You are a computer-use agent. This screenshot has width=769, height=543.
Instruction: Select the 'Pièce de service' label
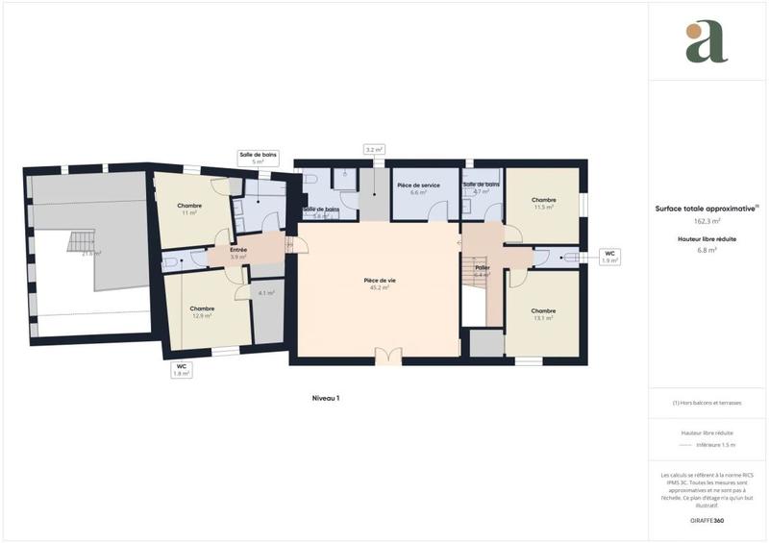418,185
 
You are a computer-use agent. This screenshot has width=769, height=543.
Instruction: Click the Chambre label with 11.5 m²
544,200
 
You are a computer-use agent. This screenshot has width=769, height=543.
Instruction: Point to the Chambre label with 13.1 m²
543,310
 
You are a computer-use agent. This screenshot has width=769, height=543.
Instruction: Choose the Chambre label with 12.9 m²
201,309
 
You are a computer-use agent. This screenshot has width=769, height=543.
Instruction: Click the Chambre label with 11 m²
188,206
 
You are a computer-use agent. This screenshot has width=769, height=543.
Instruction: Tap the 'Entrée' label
238,250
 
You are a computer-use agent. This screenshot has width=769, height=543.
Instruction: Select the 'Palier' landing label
483,267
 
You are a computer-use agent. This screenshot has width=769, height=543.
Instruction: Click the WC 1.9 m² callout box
608,257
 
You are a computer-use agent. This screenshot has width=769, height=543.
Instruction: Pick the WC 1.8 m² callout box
181,370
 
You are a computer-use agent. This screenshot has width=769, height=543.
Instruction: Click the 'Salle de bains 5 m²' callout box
258,158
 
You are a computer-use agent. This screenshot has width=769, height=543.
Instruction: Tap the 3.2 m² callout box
374,150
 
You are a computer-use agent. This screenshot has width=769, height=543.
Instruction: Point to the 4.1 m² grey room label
266,292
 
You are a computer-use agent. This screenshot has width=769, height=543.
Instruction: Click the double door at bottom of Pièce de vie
387,357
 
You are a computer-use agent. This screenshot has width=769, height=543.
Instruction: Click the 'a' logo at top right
707,42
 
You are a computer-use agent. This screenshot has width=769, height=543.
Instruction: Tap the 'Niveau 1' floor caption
326,398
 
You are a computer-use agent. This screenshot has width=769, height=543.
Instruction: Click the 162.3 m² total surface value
707,220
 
